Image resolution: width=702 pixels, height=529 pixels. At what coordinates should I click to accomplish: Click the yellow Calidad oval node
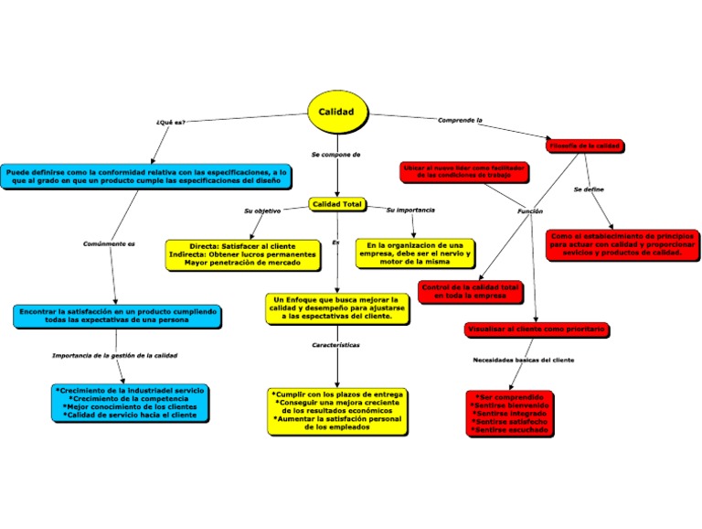coord(336,111)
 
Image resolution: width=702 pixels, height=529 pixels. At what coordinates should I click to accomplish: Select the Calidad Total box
coord(337,203)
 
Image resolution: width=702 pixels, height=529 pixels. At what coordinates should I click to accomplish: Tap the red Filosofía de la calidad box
coord(585,146)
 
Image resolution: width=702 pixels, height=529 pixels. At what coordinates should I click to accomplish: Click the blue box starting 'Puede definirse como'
coord(147,176)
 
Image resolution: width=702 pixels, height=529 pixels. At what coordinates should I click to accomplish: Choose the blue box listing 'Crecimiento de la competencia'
coord(130,403)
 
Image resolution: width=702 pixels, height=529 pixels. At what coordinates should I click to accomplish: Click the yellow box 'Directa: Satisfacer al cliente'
coord(243,254)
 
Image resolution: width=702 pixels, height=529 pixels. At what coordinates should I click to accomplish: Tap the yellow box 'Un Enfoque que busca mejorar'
coord(336,308)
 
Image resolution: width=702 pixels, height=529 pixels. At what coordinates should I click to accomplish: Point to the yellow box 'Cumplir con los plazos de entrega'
coord(337,410)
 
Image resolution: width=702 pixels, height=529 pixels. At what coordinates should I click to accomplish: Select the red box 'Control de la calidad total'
coord(470,291)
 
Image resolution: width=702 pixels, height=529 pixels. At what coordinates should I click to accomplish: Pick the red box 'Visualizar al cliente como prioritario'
coord(535,329)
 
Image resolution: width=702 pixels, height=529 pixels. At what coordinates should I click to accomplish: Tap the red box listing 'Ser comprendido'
coord(510,413)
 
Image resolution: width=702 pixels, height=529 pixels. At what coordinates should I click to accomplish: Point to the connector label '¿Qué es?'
coord(170,122)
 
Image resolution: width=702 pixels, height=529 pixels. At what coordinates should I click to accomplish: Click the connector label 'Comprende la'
coord(460,120)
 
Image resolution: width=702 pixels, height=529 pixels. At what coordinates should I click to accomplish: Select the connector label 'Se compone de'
coord(335,155)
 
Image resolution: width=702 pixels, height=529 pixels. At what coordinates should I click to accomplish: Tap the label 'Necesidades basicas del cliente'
coord(523,360)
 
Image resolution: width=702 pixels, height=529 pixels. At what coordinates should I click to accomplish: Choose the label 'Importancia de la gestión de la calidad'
coord(114,354)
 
